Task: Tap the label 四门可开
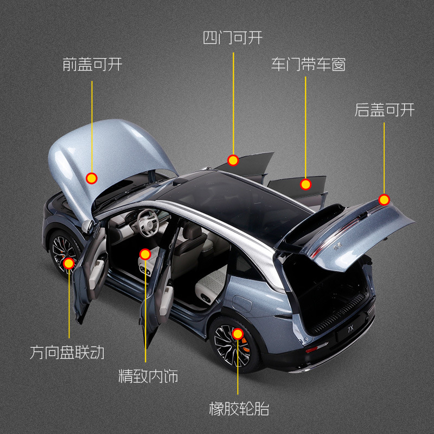coord(233,39)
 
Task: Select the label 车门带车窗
coord(308,65)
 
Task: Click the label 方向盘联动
coord(67,353)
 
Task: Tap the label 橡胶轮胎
coord(239,408)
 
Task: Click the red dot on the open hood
coord(92,177)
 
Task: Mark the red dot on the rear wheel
coord(238,334)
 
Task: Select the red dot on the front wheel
coord(69,264)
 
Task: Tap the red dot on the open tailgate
coord(385,200)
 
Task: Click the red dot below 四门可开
coord(233,160)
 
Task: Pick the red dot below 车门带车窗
coord(305,184)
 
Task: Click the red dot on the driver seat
coord(145,254)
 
